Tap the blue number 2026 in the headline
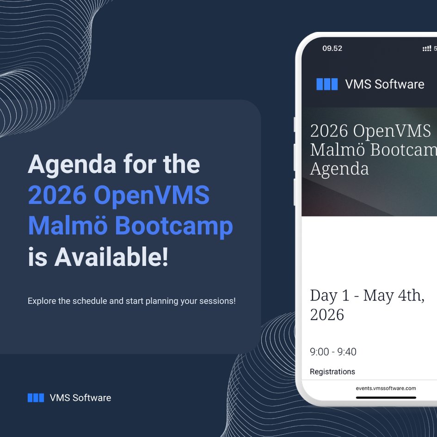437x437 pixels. (x=57, y=196)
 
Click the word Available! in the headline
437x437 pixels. (x=111, y=257)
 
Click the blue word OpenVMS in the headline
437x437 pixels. (x=152, y=196)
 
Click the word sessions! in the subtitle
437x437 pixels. (x=217, y=301)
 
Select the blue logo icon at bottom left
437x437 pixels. (x=36, y=398)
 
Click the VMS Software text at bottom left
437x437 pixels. (x=80, y=398)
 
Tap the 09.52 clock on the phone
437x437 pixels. (x=332, y=49)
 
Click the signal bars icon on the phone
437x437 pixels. (x=426, y=49)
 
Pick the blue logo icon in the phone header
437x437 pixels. (x=327, y=84)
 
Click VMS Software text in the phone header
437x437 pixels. (x=384, y=84)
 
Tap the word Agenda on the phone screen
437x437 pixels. (x=339, y=169)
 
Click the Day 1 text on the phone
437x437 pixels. (x=330, y=295)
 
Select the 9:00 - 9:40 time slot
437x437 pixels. (x=333, y=352)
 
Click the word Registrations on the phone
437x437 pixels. (x=332, y=372)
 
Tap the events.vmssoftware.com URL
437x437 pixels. (x=386, y=388)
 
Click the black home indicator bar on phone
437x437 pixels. (x=386, y=397)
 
